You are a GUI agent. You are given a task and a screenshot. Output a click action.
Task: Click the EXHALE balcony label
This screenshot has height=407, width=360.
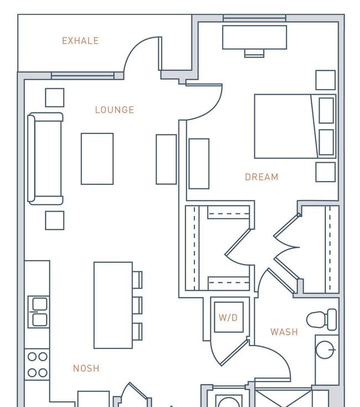80,41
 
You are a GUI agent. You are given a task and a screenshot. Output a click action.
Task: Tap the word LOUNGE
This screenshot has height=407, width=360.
115,110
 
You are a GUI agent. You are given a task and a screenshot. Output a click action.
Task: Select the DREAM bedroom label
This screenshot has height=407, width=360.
261,177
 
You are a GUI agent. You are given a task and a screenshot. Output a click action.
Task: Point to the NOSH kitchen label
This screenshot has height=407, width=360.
86,368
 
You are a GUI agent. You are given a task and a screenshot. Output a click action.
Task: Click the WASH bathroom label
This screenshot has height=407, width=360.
284,332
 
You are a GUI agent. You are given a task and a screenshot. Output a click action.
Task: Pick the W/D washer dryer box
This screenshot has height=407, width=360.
229,317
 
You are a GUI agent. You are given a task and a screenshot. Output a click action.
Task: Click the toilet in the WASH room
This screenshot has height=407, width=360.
322,320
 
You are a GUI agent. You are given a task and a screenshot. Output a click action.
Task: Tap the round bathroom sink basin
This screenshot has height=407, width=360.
325,349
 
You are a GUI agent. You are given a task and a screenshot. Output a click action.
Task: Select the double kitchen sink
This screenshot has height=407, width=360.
39,312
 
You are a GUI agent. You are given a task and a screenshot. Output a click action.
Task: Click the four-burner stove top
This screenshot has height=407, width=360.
37,365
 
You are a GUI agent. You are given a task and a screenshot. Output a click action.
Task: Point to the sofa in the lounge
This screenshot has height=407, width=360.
45,158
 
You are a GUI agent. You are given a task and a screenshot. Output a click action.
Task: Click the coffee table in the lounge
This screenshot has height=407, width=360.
97,159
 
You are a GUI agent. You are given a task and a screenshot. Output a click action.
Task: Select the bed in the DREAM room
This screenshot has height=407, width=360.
295,126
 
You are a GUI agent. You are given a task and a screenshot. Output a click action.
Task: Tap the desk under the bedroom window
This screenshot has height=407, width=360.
255,37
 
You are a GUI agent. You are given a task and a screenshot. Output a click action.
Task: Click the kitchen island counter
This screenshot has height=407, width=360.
113,305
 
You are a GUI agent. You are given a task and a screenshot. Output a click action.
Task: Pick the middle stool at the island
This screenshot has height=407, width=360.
137,306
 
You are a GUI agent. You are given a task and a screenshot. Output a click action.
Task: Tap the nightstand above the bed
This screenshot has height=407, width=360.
326,80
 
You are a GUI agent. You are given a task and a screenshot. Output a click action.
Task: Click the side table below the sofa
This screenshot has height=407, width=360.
54,220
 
